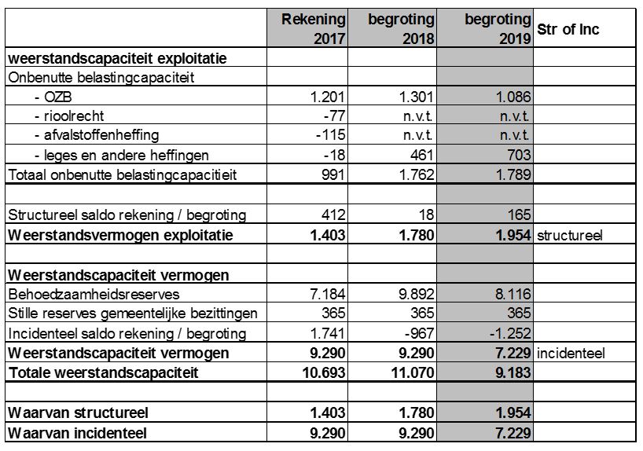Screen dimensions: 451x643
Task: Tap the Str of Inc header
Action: tap(568, 29)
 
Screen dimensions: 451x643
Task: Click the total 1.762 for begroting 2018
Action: tap(417, 174)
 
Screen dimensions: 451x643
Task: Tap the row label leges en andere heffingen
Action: tap(122, 155)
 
